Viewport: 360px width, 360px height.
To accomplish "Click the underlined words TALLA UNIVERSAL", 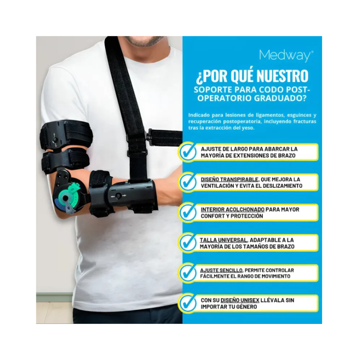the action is click(x=223, y=240).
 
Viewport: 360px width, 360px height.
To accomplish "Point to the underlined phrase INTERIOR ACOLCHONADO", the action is click(x=233, y=210).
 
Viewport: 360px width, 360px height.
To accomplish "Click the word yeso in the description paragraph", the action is click(x=248, y=128).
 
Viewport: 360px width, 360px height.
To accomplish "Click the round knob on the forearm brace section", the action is click(x=118, y=196).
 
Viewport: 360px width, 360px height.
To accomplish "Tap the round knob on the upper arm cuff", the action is click(x=55, y=140).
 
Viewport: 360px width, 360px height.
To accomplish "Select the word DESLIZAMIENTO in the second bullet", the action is click(x=283, y=186).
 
